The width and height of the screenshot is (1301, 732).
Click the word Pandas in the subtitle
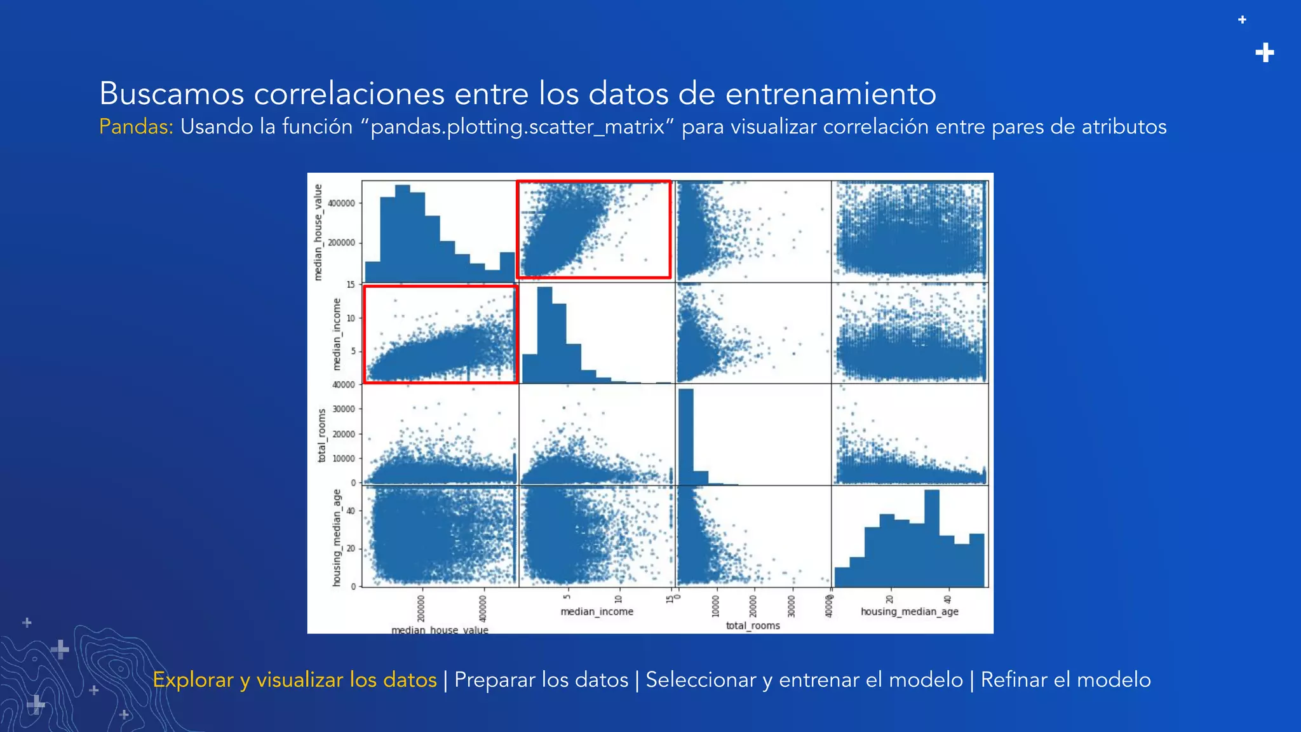[x=135, y=126]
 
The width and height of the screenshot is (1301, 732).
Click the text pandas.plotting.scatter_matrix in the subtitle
[x=517, y=127]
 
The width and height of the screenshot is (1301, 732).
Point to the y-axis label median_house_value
[x=318, y=232]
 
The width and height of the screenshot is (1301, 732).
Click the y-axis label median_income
[x=337, y=334]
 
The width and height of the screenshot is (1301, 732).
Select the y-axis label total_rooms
[x=322, y=435]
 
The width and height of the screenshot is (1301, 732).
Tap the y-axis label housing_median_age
[x=337, y=538]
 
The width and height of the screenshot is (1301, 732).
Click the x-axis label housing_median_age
[x=909, y=611]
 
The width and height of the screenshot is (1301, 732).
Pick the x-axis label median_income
[x=597, y=611]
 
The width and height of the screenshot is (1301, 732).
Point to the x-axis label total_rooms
[x=753, y=625]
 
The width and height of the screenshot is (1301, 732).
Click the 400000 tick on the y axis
[x=341, y=203]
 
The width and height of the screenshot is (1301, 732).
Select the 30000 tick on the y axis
[x=344, y=409]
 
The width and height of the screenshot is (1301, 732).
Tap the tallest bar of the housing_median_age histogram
[x=931, y=538]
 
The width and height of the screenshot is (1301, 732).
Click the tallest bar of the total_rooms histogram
[x=686, y=436]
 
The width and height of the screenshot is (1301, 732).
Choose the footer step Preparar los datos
[x=541, y=680]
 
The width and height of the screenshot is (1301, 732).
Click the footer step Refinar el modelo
[x=1065, y=680]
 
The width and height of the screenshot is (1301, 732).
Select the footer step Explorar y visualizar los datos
[x=295, y=680]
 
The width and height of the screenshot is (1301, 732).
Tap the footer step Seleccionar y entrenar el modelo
[x=804, y=680]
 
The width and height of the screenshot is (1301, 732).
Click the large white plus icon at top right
[x=1265, y=53]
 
